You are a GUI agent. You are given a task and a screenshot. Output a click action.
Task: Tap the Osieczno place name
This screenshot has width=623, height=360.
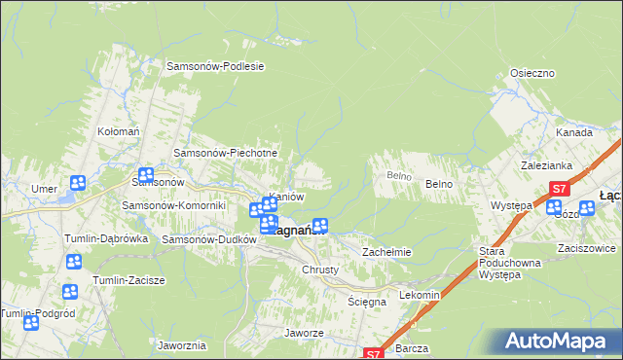pyautogui.click(x=532, y=74)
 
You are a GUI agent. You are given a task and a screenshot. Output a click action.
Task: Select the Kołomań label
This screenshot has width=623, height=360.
pyautogui.click(x=115, y=130)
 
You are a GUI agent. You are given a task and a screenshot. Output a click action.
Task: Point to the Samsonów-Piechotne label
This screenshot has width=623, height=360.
pyautogui.click(x=226, y=153)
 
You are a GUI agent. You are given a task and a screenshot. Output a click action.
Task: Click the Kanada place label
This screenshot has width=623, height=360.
pyautogui.click(x=574, y=132)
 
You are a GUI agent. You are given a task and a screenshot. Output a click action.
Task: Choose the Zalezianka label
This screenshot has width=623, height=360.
pyautogui.click(x=545, y=165)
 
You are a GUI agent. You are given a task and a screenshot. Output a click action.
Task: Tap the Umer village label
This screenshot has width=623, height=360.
pyautogui.click(x=43, y=189)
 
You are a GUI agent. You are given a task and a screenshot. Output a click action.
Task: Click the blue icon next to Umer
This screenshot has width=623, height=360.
pyautogui.click(x=78, y=183)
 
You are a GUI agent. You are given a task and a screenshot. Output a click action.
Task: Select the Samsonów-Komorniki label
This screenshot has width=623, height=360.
pyautogui.click(x=173, y=205)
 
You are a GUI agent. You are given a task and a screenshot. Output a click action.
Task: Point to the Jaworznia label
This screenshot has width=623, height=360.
pyautogui.click(x=180, y=345)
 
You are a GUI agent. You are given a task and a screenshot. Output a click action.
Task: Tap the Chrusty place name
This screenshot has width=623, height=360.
pyautogui.click(x=320, y=270)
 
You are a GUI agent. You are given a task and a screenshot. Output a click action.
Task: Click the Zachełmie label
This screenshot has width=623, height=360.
pyautogui.click(x=387, y=252)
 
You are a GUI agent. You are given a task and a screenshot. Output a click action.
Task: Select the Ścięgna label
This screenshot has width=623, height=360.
pyautogui.click(x=368, y=302)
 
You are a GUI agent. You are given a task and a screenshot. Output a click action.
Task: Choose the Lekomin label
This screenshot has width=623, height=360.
pyautogui.click(x=421, y=294)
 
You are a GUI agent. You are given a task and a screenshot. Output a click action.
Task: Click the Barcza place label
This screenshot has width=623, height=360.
pyautogui.click(x=413, y=346)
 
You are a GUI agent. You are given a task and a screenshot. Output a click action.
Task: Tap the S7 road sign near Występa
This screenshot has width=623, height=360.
pyautogui.click(x=559, y=189)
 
